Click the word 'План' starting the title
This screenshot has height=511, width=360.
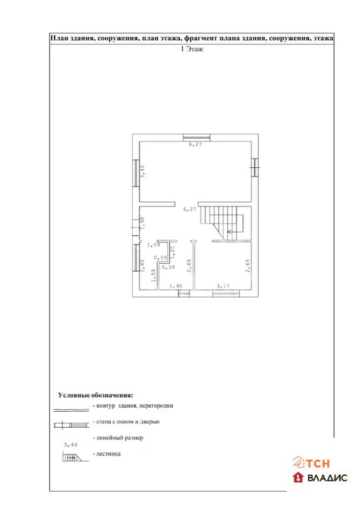pos(62,39)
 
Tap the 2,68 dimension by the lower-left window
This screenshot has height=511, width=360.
pos(143,266)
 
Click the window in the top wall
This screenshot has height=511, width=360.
pos(197,138)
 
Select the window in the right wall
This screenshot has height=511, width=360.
pos(254,167)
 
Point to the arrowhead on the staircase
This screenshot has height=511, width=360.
pos(229,232)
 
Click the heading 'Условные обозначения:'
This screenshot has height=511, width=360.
pos(95,394)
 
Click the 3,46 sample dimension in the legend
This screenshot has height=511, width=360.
pos(70,444)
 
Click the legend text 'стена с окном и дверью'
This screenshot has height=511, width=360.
pos(126,421)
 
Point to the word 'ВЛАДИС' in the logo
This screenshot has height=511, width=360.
pos(327,478)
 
